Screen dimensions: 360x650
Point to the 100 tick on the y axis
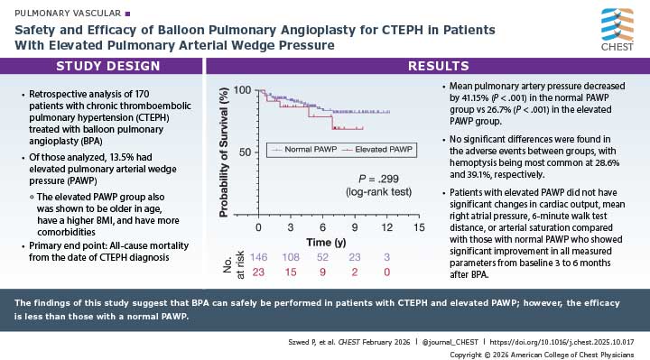pyautogui.click(x=241, y=90)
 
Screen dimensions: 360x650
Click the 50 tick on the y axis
pyautogui.click(x=244, y=152)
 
